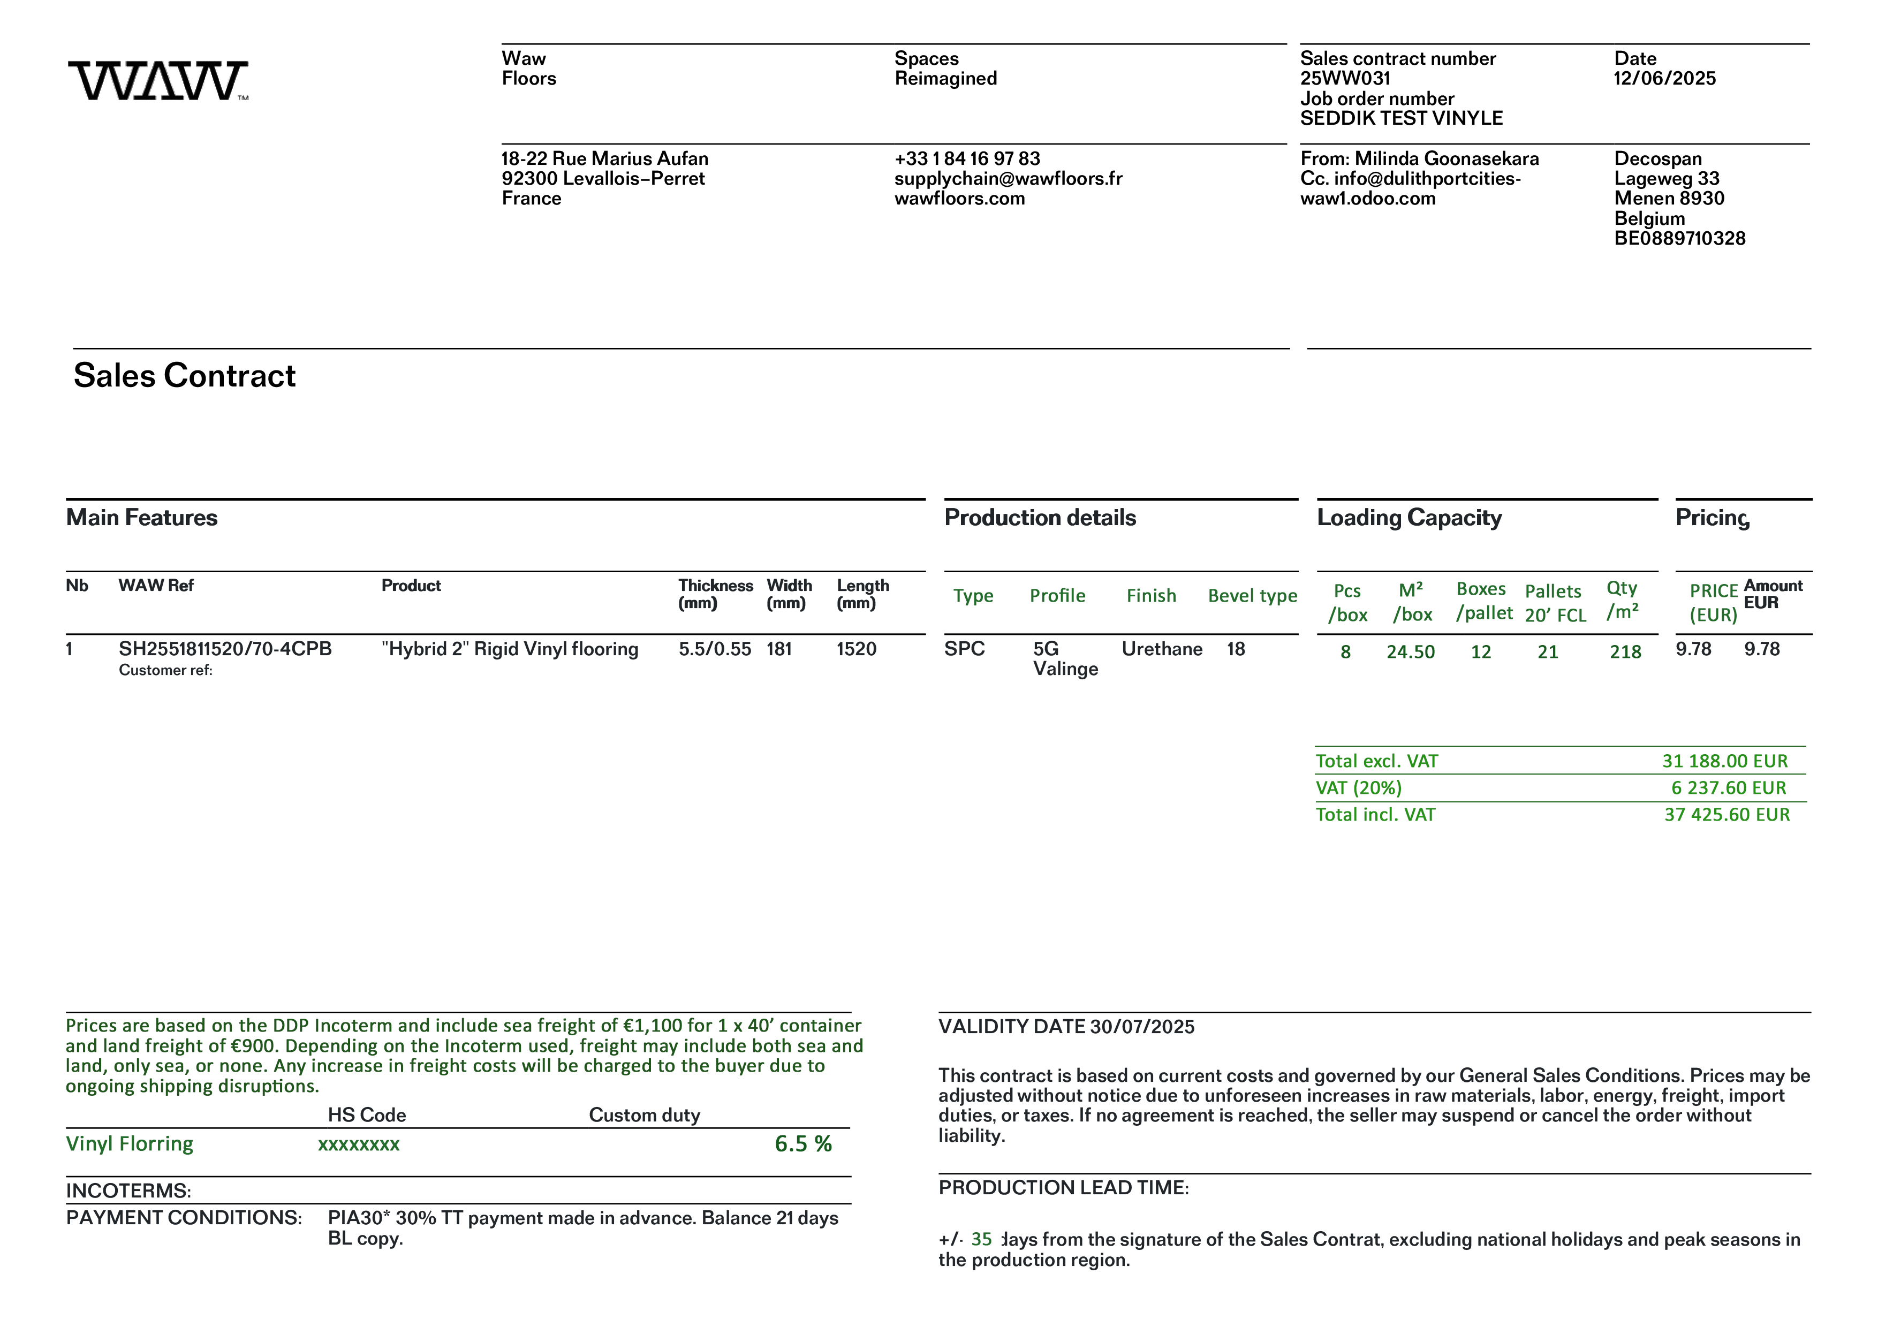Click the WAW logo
[x=158, y=81]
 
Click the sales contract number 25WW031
[x=1345, y=79]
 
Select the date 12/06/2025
[x=1664, y=79]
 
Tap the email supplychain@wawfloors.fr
[x=1008, y=178]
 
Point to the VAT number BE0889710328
[x=1679, y=239]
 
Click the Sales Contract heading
[x=184, y=375]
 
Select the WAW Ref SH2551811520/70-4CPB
[x=225, y=649]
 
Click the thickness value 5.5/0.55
[x=714, y=649]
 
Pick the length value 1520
[x=855, y=649]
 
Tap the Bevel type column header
[x=1252, y=596]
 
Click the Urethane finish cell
[x=1162, y=649]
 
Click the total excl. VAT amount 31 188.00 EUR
[x=1724, y=761]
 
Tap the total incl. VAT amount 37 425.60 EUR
[x=1726, y=815]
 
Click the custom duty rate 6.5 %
[x=802, y=1144]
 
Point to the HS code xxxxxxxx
[x=358, y=1144]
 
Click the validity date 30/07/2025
[x=1142, y=1027]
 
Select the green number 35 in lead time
[x=981, y=1240]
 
